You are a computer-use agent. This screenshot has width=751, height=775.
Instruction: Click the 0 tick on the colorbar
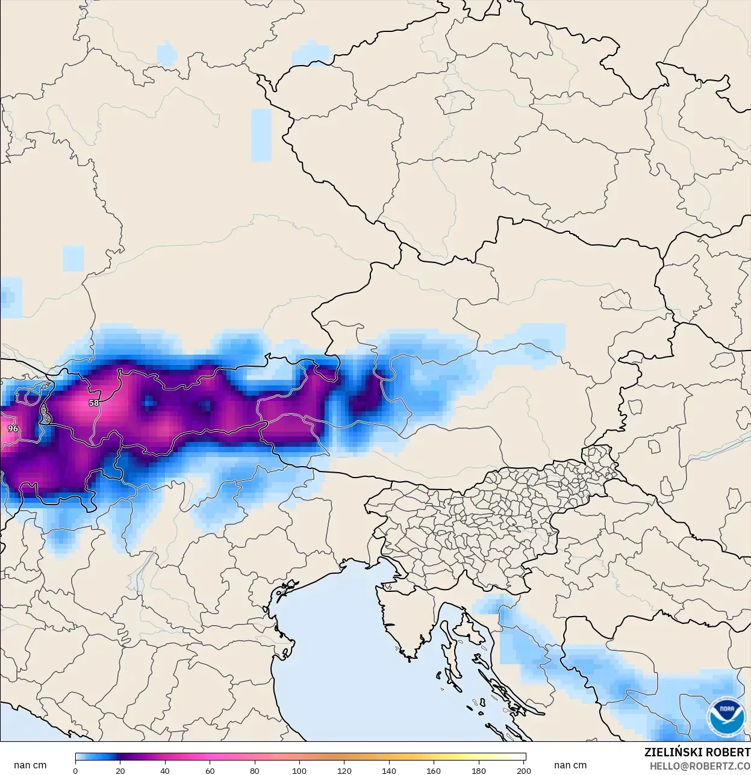[x=75, y=770]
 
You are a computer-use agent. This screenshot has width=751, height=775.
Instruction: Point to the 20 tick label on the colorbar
[x=120, y=770]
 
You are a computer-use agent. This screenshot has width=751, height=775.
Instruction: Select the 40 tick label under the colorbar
[x=165, y=770]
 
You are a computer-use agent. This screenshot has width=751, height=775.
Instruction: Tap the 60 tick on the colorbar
[x=210, y=770]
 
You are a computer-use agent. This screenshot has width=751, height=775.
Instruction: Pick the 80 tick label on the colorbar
[x=255, y=770]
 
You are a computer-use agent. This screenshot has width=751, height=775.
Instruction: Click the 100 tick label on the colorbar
[x=299, y=770]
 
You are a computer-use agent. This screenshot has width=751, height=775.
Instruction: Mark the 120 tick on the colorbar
[x=344, y=770]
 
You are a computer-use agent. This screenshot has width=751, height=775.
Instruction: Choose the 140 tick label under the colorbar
[x=389, y=770]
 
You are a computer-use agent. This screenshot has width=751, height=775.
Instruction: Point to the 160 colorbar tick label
[x=434, y=770]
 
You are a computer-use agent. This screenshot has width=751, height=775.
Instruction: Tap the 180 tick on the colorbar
[x=479, y=770]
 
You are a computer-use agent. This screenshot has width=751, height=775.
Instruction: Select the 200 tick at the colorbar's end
[x=524, y=770]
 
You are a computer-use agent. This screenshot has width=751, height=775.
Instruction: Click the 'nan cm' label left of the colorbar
[x=30, y=765]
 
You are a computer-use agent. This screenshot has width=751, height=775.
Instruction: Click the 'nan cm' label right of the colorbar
[x=570, y=765]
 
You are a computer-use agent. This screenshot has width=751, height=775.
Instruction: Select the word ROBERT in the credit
[x=728, y=752]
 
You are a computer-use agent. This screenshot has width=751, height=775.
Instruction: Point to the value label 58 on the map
[x=94, y=403]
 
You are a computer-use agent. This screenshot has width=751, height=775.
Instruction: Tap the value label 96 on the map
[x=13, y=429]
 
